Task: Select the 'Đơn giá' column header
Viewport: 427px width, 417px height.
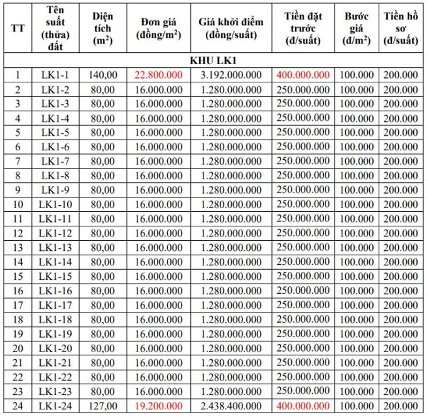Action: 158,28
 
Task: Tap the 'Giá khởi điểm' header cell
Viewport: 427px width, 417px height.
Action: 230,28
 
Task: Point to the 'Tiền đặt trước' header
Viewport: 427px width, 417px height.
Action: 303,28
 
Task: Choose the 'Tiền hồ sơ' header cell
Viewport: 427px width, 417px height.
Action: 401,28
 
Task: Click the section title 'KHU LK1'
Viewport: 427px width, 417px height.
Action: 213,60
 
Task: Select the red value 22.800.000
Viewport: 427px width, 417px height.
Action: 158,74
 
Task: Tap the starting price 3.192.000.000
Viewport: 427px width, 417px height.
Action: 230,74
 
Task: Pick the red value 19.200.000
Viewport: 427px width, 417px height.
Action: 158,406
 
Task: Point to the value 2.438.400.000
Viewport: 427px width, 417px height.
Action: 230,406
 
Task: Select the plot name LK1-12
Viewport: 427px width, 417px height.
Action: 55,233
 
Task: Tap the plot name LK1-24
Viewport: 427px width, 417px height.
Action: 55,406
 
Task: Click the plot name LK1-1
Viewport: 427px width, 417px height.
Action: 55,74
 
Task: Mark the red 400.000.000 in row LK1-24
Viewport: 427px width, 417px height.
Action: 303,406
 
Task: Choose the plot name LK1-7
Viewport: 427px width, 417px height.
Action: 55,160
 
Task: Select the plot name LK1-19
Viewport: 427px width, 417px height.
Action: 55,333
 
